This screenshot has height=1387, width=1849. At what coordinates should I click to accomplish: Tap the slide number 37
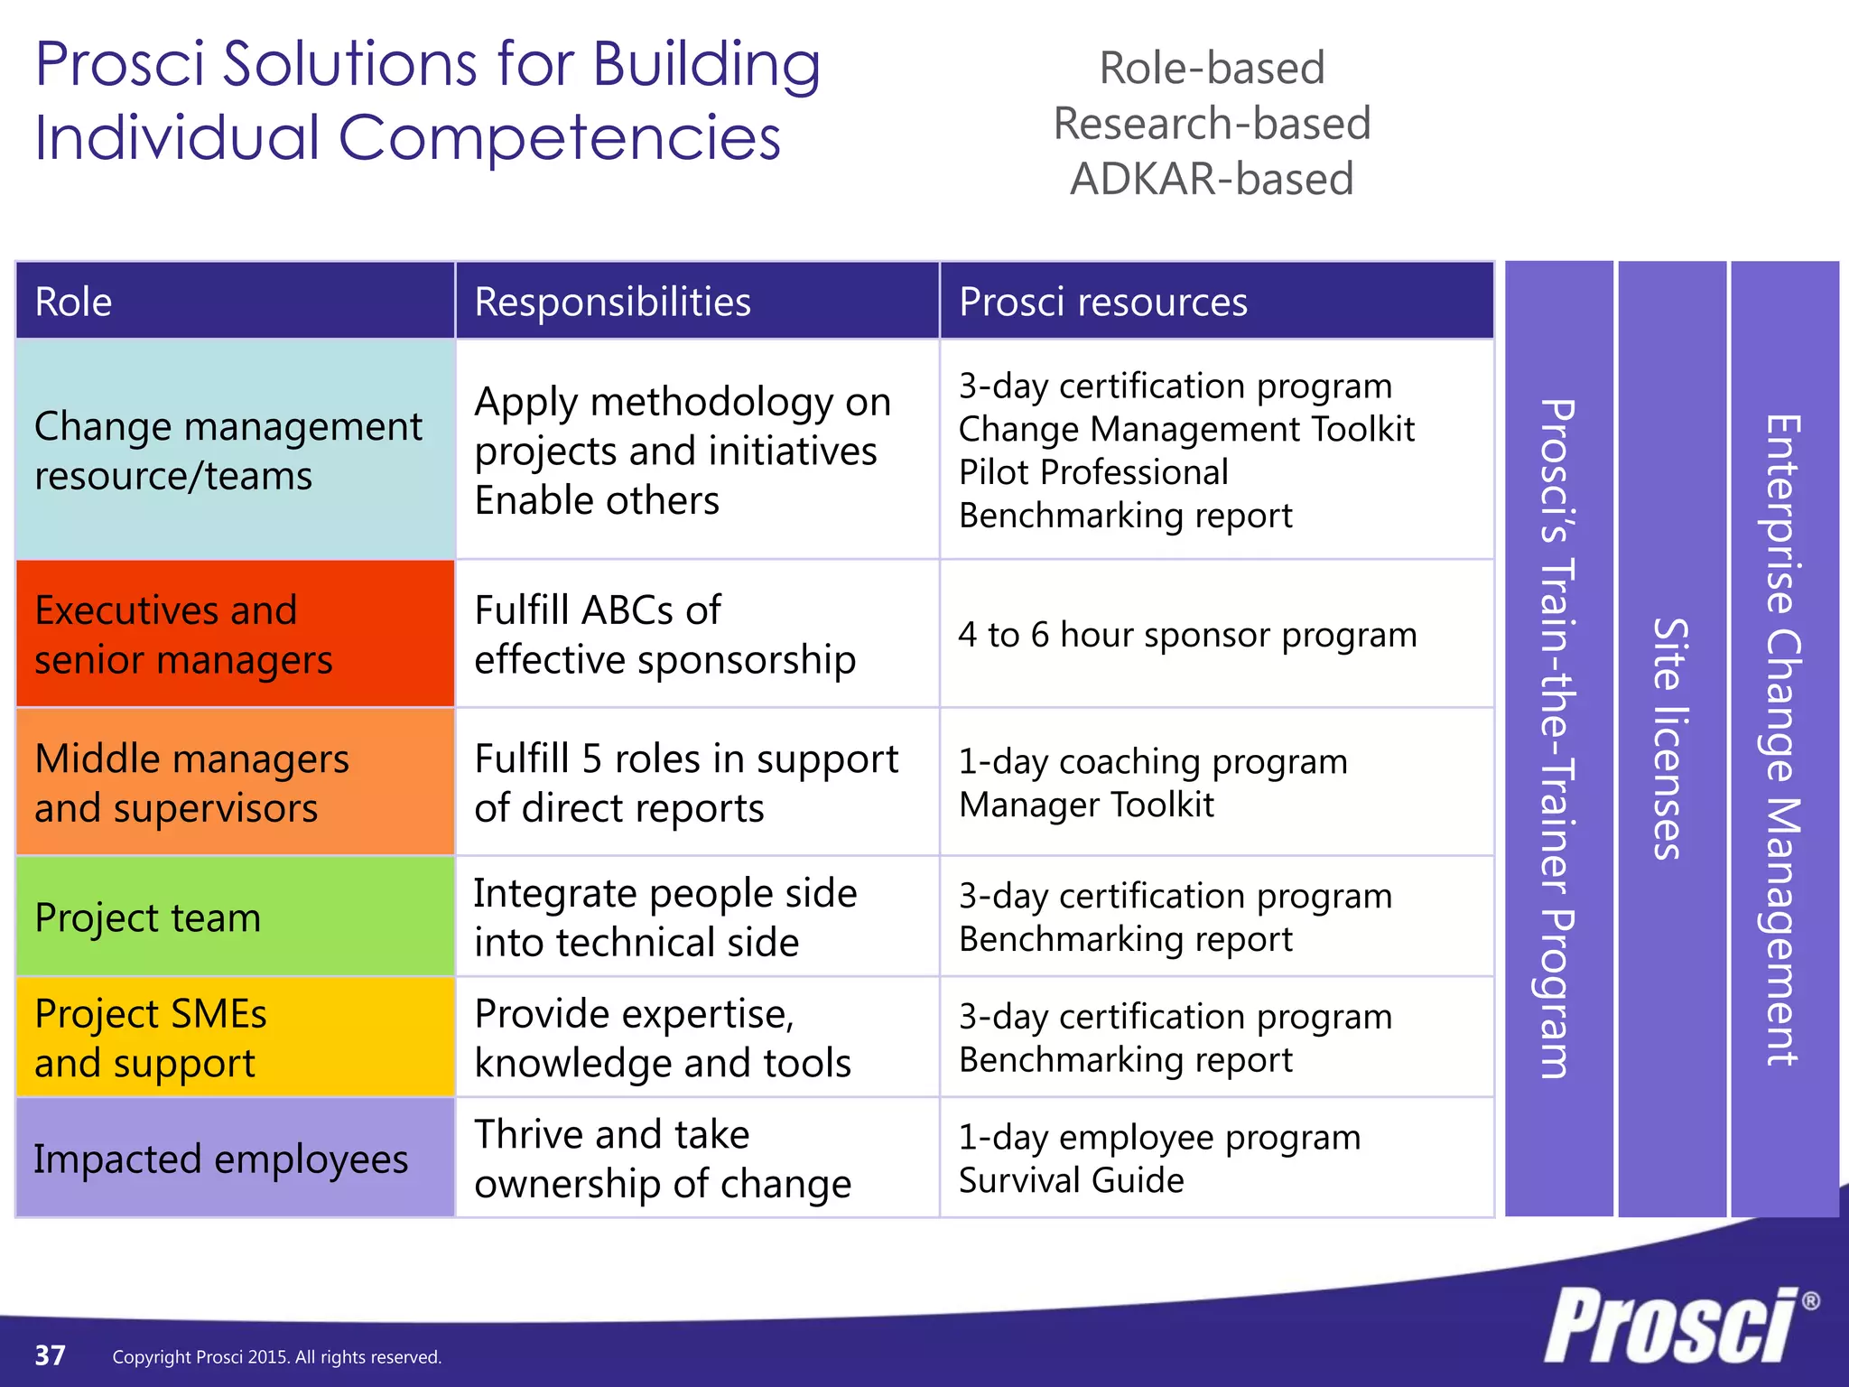point(50,1355)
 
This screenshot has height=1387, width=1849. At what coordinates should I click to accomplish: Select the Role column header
point(74,302)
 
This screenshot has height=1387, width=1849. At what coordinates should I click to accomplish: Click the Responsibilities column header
point(612,302)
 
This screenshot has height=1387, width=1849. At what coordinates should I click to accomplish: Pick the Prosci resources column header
point(1102,302)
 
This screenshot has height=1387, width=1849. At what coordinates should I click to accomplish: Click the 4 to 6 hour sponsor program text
point(1187,635)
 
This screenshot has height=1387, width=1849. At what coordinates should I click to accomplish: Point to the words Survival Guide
point(1071,1180)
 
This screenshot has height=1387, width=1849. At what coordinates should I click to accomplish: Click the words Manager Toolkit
point(1086,805)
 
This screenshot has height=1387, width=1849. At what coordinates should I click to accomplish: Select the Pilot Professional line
point(1093,472)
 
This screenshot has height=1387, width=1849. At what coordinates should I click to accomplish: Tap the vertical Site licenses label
point(1671,739)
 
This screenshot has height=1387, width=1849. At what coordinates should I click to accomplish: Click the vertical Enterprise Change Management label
point(1784,739)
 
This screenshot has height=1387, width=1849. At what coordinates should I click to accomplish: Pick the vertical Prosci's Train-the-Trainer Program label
point(1558,739)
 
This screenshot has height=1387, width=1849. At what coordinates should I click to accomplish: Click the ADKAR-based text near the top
point(1212,179)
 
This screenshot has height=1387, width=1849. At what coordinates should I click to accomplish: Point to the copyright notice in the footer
point(276,1357)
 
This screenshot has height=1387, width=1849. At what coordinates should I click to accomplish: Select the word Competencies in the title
point(559,138)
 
